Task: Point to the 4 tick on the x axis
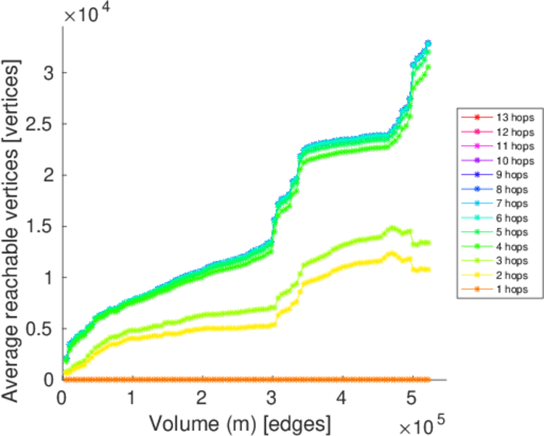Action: pos(342,399)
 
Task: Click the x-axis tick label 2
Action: pos(202,399)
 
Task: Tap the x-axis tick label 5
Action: pos(413,399)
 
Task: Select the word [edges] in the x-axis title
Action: pos(302,421)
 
